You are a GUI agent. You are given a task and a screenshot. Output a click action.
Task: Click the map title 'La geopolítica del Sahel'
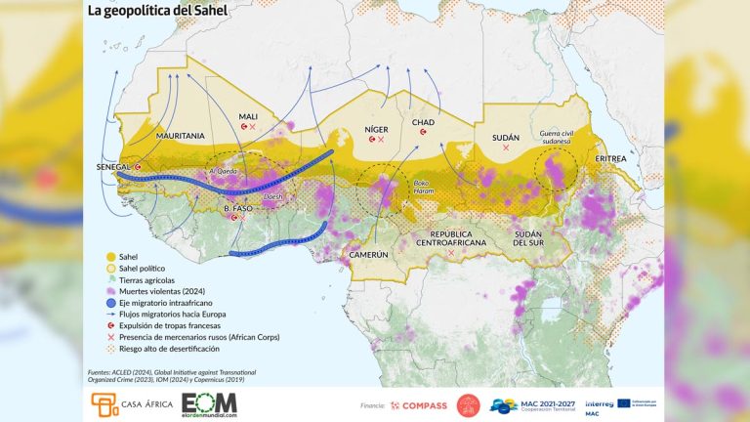[x=157, y=13]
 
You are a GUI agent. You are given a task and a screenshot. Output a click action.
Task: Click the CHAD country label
[x=423, y=121]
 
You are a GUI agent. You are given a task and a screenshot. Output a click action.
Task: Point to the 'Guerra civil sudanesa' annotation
[x=554, y=137]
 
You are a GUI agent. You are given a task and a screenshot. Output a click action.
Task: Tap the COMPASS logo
[x=421, y=404]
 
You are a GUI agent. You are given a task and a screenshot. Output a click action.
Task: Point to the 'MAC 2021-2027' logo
[x=531, y=404]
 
